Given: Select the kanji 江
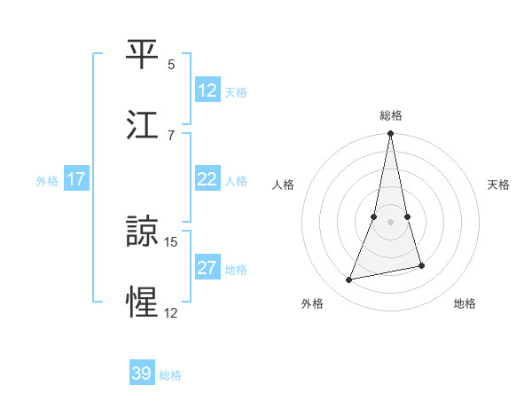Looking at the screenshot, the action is [x=143, y=125].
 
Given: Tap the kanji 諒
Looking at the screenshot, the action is [x=143, y=232].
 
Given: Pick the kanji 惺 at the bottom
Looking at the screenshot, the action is [x=143, y=303].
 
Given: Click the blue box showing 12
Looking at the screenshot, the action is [x=207, y=90].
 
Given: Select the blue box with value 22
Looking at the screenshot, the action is [x=207, y=179].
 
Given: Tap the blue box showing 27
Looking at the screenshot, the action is [x=207, y=268].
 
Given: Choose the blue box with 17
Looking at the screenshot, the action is [x=76, y=179].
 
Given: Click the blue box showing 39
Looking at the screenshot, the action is [x=142, y=374].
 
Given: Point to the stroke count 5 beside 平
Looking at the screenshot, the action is [x=171, y=65].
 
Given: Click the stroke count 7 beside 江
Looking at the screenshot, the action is [x=171, y=135].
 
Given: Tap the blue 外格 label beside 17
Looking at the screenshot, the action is [x=47, y=180].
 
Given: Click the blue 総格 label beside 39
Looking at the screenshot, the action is [x=170, y=375].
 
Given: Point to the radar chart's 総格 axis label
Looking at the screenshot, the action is [x=391, y=115].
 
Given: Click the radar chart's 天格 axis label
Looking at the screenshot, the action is [x=499, y=185].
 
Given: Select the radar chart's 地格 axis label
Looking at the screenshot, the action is [x=465, y=303].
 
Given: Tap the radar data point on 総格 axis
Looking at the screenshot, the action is [x=390, y=134].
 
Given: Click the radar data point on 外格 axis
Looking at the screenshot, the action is [x=349, y=279].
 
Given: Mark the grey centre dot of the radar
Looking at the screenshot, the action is [x=390, y=222].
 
